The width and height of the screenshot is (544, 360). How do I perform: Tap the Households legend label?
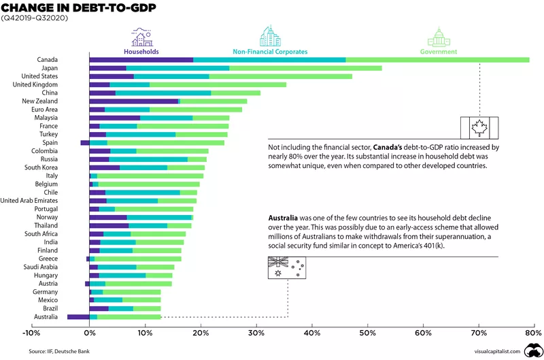(141, 51)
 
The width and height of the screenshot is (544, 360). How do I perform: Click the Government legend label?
(439, 51)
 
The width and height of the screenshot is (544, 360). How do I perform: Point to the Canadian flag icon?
(479, 127)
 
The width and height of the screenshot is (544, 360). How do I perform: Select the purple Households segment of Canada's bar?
(141, 60)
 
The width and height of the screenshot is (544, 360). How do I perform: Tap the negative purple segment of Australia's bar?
(78, 316)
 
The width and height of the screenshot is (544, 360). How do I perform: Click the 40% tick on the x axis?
(311, 333)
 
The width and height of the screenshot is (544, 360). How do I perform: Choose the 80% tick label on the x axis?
(534, 333)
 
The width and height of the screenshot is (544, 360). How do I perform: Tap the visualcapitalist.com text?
(496, 351)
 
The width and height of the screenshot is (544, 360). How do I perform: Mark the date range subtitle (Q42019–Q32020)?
(32, 18)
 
